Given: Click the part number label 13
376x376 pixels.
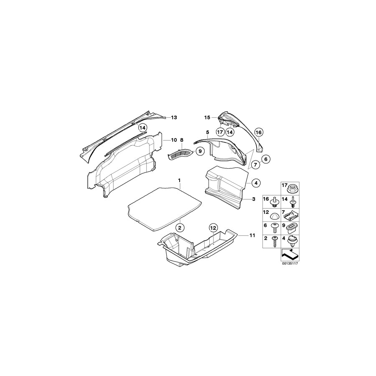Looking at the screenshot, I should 174,118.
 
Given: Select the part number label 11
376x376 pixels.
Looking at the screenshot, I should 252,236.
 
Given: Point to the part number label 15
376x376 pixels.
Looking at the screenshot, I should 207,117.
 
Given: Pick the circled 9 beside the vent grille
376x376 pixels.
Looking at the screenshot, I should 200,151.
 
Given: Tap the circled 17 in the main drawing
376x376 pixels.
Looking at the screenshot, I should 220,132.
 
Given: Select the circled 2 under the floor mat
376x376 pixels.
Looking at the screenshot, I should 179,228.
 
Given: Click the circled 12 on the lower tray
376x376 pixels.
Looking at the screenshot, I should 213,228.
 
